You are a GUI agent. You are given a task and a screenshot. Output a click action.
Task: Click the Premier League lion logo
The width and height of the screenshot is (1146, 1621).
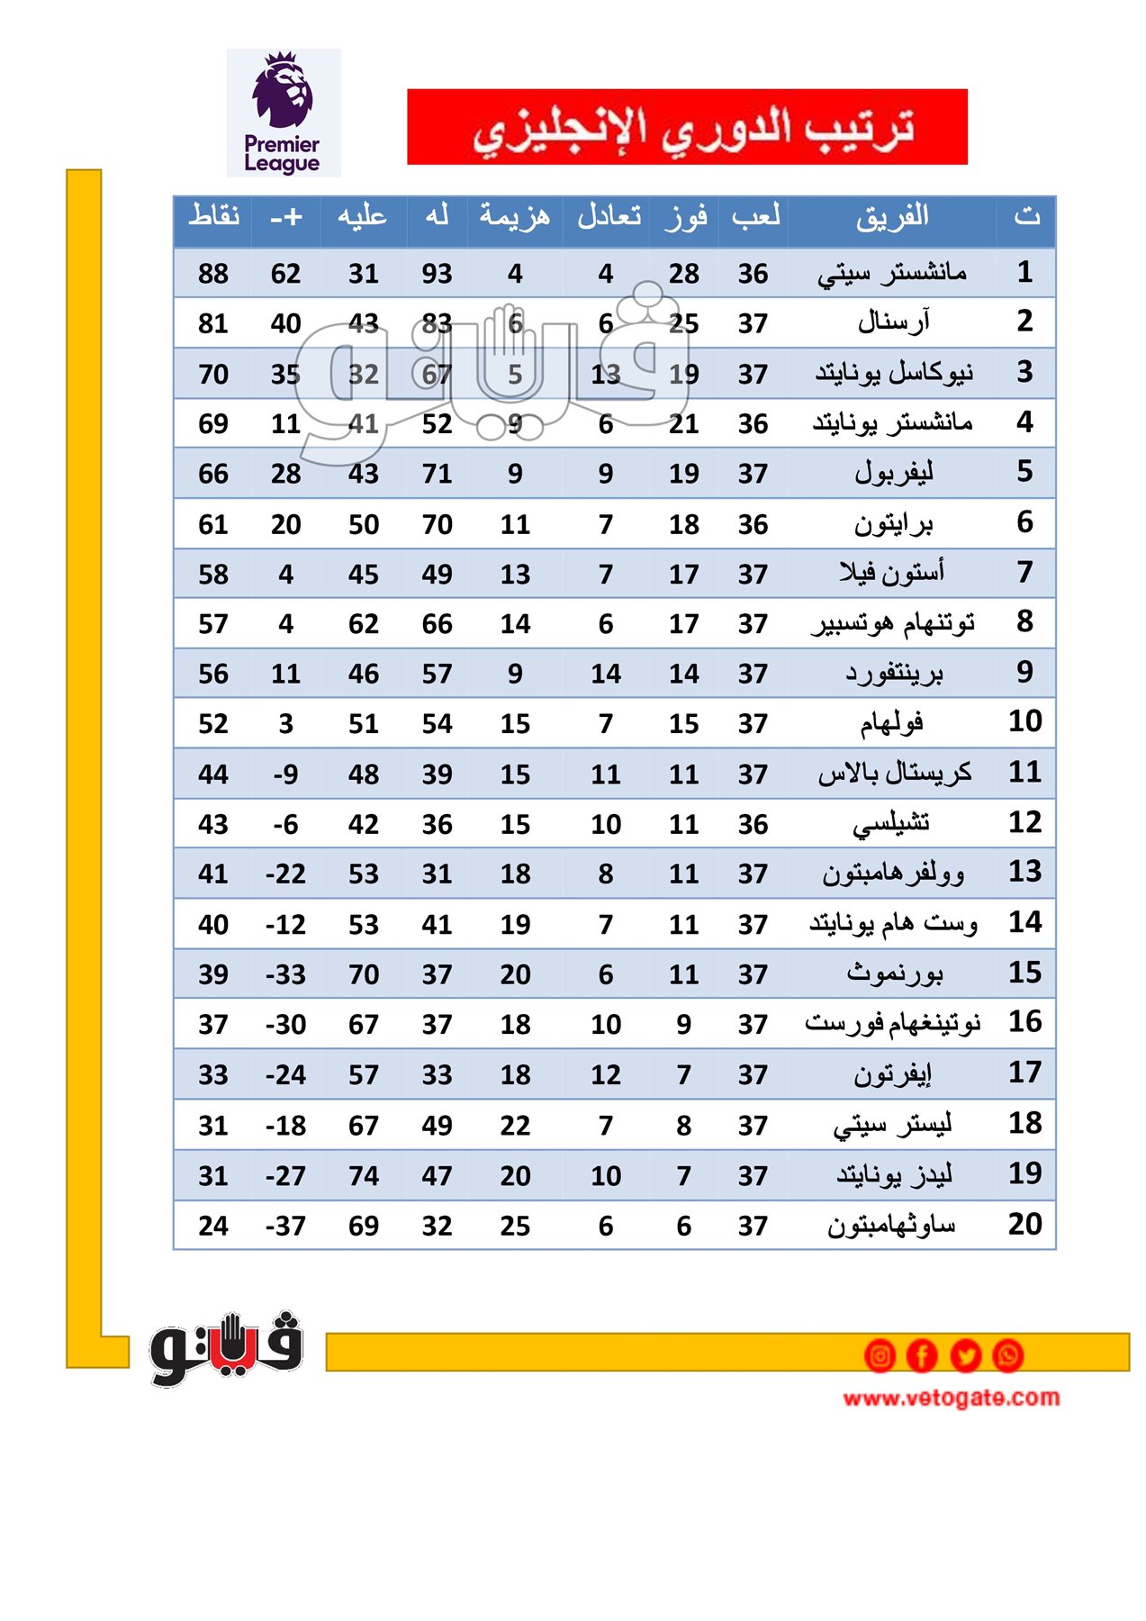[x=283, y=112]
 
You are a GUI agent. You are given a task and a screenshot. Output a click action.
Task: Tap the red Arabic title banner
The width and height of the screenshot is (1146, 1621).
[x=687, y=127]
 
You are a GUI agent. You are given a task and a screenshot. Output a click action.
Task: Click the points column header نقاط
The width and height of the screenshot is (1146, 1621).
[x=213, y=217]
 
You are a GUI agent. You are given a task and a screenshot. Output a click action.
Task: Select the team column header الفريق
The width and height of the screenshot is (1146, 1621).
[x=891, y=217]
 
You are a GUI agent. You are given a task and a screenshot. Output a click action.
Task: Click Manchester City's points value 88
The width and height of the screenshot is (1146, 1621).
[x=213, y=274]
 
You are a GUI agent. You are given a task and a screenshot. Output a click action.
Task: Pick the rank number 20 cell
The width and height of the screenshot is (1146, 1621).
[x=1024, y=1224]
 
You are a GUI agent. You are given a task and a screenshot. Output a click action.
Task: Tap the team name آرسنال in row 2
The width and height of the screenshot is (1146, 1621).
[x=893, y=322]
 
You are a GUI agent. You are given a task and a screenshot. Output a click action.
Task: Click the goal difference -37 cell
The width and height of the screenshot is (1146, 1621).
[x=285, y=1226]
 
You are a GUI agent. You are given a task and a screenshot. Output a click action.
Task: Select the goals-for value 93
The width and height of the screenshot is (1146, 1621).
[x=437, y=274]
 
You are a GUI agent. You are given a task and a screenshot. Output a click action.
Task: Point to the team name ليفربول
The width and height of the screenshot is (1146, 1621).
[x=893, y=473]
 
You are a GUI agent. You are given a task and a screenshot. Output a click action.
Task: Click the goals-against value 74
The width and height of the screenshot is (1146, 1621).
[x=364, y=1175]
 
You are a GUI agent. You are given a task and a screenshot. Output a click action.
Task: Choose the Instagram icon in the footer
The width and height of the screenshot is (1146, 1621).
[x=880, y=1355]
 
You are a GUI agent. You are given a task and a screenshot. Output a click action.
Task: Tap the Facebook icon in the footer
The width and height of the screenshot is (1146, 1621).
[x=922, y=1355]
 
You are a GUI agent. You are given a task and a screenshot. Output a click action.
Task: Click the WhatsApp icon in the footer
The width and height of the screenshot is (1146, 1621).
[x=1007, y=1355]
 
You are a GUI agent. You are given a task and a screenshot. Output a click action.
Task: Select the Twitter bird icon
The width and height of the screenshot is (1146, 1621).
[x=965, y=1355]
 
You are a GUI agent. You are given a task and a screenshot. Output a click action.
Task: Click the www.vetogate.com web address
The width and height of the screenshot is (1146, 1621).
[x=951, y=1398]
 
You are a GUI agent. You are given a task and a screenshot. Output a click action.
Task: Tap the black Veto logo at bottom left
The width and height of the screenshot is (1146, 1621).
[x=226, y=1347]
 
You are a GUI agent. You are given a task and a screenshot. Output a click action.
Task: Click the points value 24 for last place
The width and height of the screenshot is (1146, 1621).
[x=213, y=1226]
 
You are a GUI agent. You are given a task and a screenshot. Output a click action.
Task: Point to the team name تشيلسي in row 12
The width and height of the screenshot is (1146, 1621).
[x=891, y=823]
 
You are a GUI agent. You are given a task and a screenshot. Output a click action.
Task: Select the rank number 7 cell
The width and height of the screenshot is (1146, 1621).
[x=1024, y=572]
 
